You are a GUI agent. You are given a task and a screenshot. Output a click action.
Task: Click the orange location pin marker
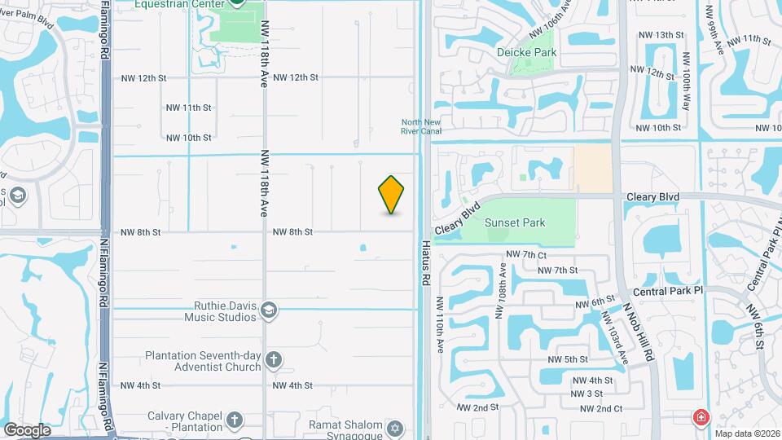click(392, 195)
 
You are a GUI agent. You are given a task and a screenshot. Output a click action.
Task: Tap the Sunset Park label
click(515, 222)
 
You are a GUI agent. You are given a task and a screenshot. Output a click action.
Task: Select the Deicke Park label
click(527, 52)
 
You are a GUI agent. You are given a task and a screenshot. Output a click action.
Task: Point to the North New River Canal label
click(421, 126)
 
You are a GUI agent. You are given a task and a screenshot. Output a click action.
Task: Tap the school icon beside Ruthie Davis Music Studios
click(269, 310)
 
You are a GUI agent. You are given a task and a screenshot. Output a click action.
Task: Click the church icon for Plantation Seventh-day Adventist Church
click(274, 360)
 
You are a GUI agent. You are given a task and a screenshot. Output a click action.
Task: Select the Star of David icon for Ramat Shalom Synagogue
click(396, 428)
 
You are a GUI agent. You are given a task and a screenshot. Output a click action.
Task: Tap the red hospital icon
click(700, 418)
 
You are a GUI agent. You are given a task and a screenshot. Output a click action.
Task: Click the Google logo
click(26, 429)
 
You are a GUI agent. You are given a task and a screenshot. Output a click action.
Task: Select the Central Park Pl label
click(667, 291)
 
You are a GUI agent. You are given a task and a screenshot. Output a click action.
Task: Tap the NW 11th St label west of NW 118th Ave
click(188, 108)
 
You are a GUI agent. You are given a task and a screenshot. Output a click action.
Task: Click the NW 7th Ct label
click(525, 254)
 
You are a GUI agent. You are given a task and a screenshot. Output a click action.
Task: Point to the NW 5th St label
click(568, 359)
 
